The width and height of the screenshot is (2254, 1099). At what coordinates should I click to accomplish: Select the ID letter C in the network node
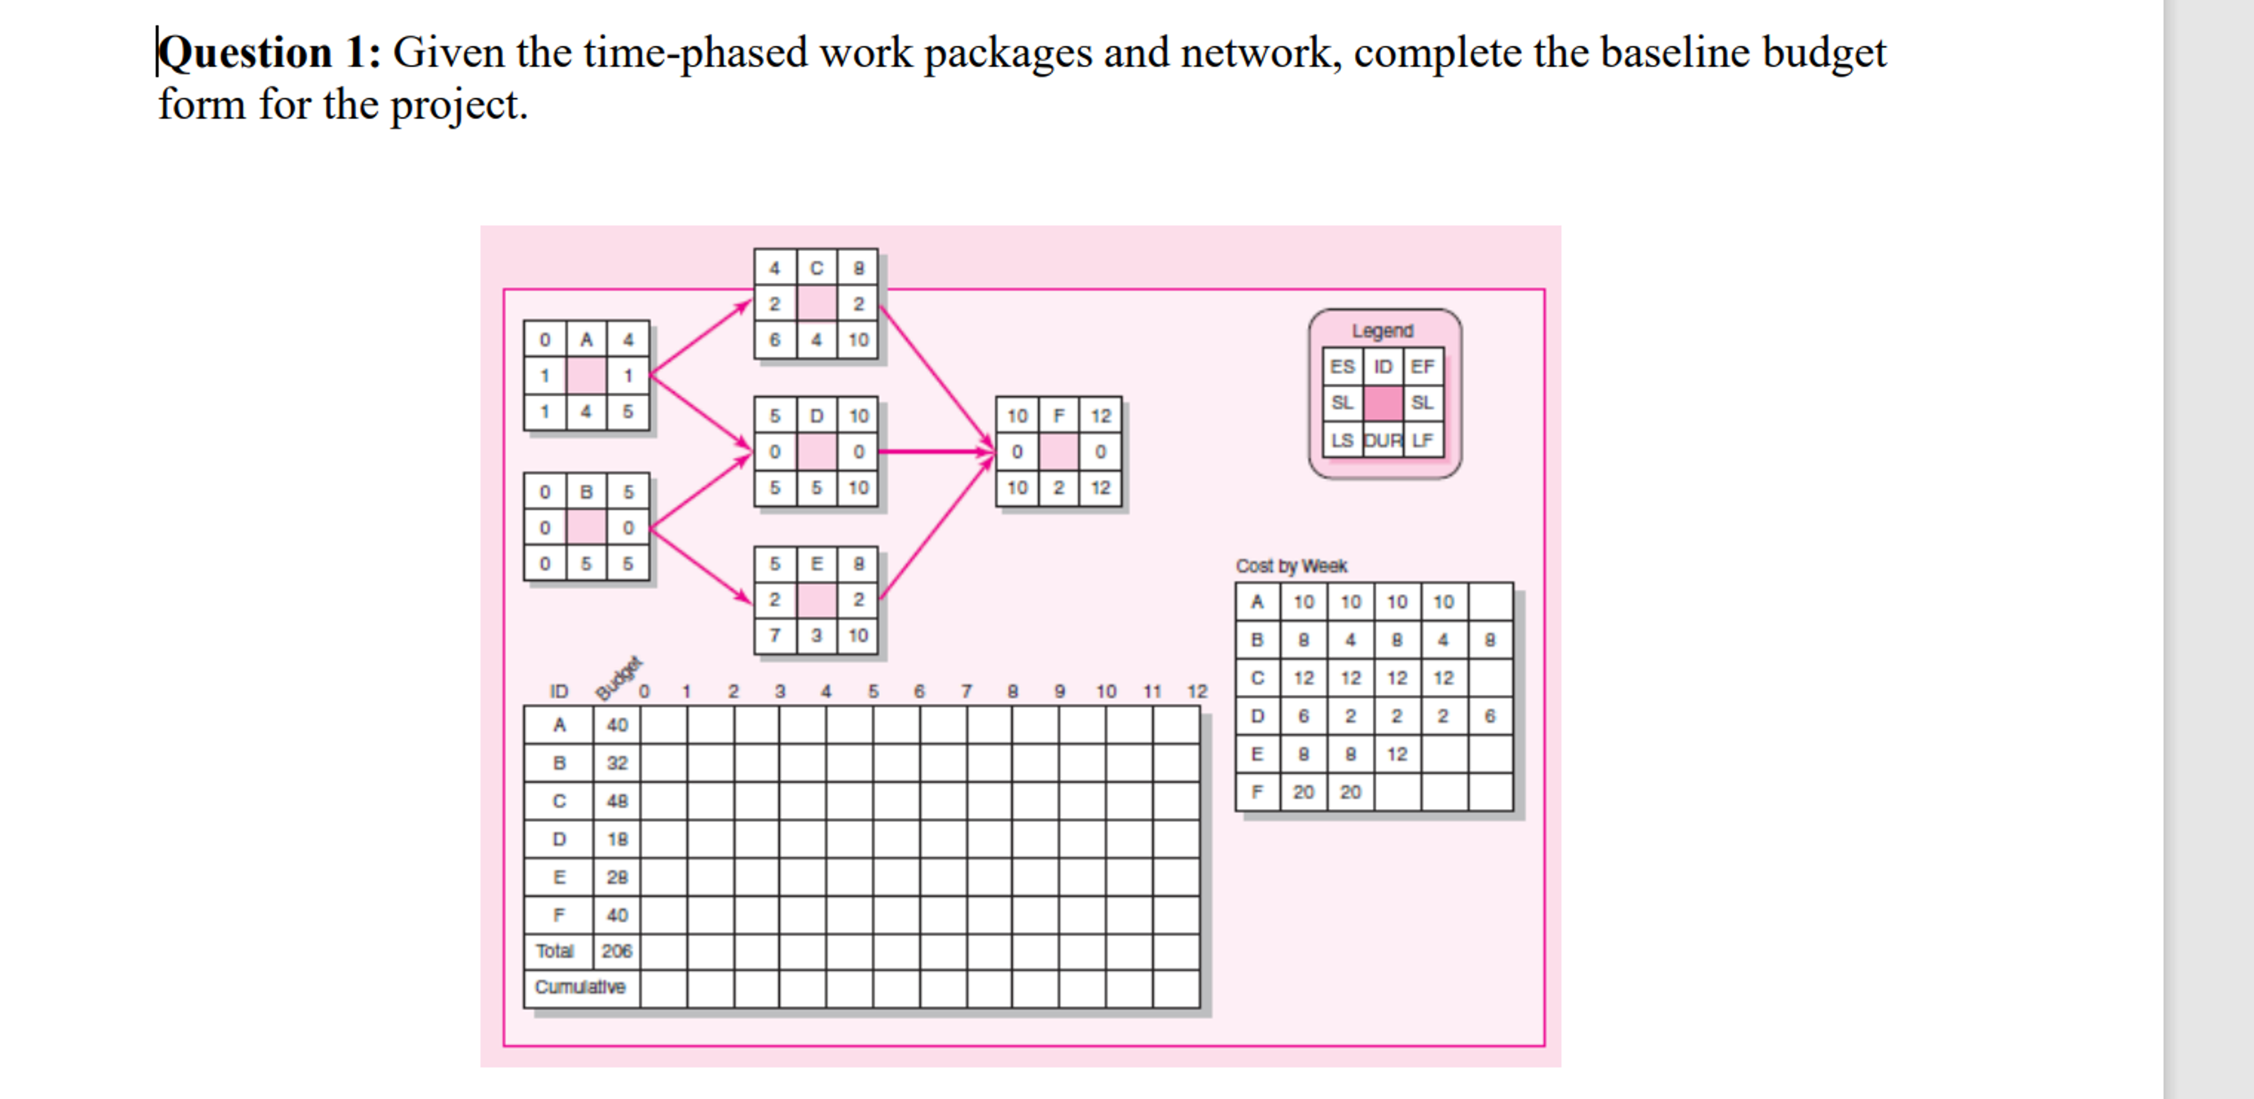[816, 268]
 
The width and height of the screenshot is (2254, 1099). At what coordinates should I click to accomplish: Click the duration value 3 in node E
[816, 635]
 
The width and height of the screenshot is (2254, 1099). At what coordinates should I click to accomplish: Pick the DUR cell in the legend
[1382, 440]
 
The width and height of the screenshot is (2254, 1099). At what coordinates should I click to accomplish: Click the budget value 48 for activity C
[617, 800]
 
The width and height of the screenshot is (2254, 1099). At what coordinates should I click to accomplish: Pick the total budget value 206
[617, 951]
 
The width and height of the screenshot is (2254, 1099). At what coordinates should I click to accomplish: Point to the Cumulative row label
[580, 987]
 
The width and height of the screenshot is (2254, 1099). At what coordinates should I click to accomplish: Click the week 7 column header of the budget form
[966, 691]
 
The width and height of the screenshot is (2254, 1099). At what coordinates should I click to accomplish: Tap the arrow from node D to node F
[936, 451]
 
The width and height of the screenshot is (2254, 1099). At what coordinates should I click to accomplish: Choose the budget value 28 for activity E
[617, 877]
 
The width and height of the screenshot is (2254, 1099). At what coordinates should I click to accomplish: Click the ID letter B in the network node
[586, 492]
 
